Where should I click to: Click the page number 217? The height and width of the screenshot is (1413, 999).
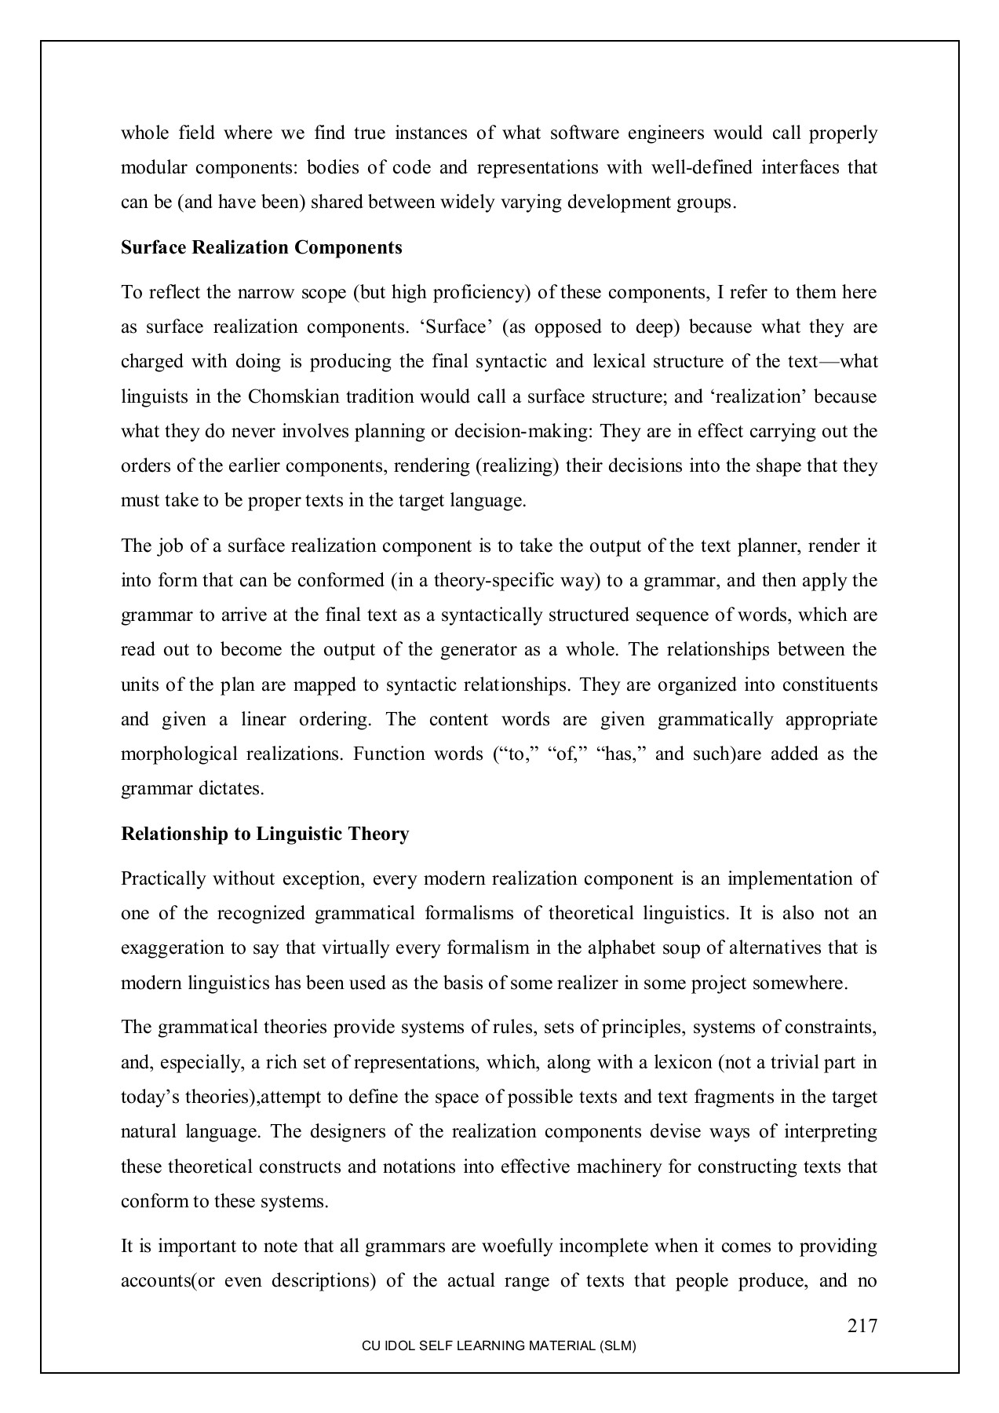[x=862, y=1326]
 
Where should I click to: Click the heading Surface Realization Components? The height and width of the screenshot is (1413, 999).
[x=261, y=248]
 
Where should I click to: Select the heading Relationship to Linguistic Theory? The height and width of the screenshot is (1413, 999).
[x=264, y=834]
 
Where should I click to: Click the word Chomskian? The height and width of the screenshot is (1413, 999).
[x=294, y=396]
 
